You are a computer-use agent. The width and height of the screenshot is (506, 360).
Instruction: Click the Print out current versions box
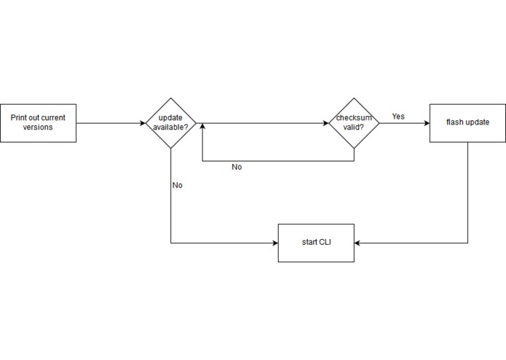(x=38, y=122)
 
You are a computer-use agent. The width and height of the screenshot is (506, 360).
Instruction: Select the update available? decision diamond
(x=171, y=122)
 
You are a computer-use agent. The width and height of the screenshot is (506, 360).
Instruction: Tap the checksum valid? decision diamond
(x=354, y=122)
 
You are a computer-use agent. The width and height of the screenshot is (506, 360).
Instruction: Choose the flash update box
(x=467, y=122)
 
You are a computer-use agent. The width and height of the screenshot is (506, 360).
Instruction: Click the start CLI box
(x=316, y=243)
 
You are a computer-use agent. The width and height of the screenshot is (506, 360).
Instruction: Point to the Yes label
(x=398, y=116)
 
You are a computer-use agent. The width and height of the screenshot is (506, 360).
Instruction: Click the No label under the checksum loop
(x=237, y=167)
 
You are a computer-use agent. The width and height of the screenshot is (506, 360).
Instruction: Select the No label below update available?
(x=177, y=185)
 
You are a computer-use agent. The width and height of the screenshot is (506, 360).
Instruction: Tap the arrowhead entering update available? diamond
(x=143, y=122)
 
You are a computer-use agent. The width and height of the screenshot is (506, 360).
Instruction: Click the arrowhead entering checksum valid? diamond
(x=325, y=122)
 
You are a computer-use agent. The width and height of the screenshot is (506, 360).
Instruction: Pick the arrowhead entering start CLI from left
(x=274, y=243)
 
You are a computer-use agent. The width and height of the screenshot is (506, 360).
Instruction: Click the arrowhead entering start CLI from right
(x=358, y=243)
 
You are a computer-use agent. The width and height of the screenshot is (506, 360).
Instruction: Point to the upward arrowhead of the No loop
(x=202, y=127)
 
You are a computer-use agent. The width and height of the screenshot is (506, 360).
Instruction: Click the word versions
(x=38, y=127)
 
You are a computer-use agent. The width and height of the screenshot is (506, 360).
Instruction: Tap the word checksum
(x=354, y=117)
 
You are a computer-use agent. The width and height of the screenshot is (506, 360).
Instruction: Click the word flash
(x=456, y=122)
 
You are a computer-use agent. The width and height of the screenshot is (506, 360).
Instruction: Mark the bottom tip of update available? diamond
(x=171, y=148)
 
